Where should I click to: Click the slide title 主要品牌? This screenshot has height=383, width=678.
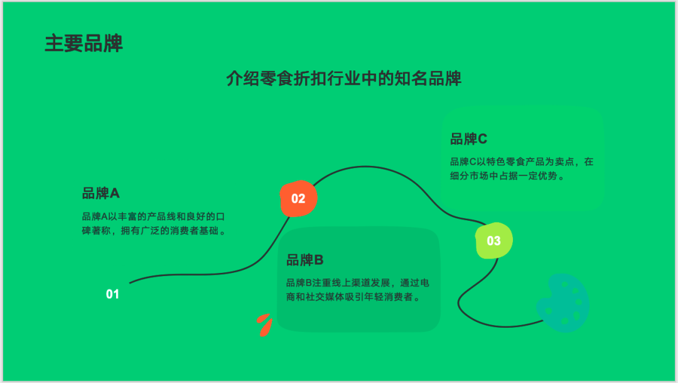[83, 43]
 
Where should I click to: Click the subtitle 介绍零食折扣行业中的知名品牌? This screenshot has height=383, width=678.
[343, 79]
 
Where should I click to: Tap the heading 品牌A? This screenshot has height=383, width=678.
[100, 193]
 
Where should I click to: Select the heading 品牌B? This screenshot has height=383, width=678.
[304, 260]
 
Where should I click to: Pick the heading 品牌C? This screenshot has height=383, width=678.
[468, 139]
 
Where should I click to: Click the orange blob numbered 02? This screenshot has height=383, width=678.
[298, 199]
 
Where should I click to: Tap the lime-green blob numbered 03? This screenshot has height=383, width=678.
[494, 240]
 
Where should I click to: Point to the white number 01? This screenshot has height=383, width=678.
[112, 294]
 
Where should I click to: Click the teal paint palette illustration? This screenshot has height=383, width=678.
[563, 303]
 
